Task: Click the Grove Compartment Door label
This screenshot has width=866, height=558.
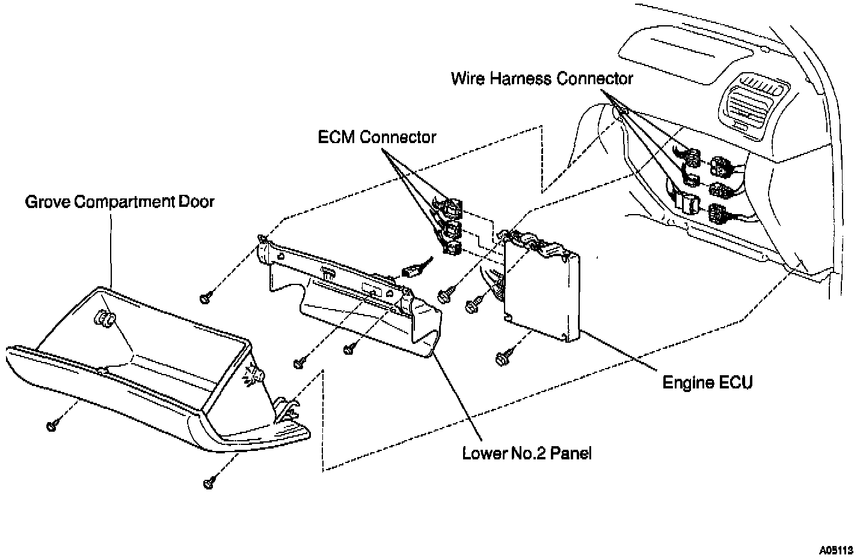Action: click(x=119, y=201)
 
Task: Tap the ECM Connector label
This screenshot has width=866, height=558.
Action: click(x=377, y=137)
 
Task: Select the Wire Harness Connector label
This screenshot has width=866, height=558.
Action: click(x=542, y=79)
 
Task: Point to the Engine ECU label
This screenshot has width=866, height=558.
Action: click(x=707, y=382)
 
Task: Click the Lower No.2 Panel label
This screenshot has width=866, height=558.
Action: click(x=527, y=453)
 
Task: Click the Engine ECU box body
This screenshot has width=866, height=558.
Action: click(x=541, y=289)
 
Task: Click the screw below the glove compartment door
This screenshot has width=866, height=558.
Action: click(x=209, y=482)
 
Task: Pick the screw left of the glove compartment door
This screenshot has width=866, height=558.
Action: click(x=52, y=426)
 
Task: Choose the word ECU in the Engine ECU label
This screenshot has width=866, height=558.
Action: click(x=736, y=382)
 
